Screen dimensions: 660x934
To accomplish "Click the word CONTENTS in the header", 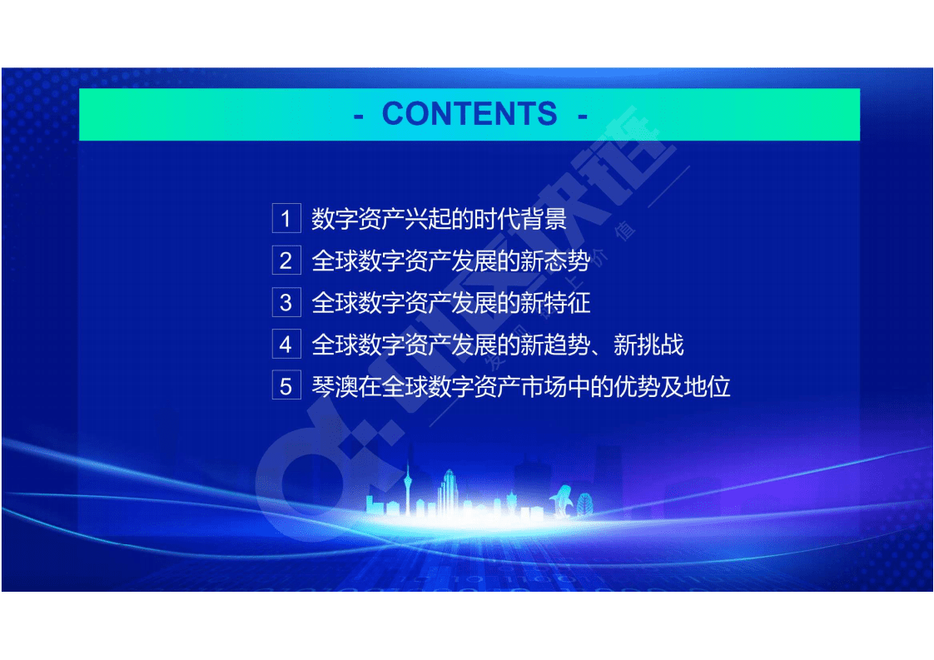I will click(469, 114).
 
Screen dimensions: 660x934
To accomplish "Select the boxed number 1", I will click(286, 219).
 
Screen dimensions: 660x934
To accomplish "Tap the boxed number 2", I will click(286, 261).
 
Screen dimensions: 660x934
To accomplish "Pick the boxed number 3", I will click(286, 303).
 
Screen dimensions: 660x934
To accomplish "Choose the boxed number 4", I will click(286, 345).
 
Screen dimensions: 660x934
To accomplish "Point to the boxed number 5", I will click(286, 387).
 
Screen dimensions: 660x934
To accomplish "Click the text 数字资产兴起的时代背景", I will click(439, 219).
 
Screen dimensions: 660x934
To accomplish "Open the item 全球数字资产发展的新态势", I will click(450, 261).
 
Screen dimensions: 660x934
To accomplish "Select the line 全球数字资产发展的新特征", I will click(450, 303).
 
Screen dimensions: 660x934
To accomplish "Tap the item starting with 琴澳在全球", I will click(520, 387).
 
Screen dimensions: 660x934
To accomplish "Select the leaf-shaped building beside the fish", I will click(586, 503).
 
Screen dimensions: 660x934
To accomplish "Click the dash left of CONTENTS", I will click(359, 115).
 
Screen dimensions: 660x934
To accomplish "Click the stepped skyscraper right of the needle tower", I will click(449, 491).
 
